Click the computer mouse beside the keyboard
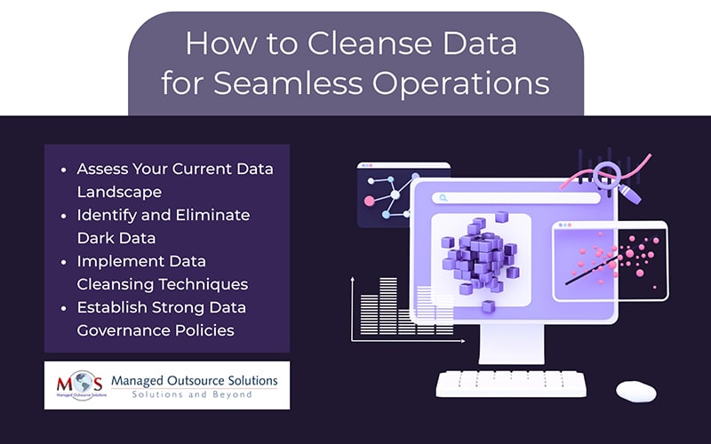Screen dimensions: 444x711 coord(636,391)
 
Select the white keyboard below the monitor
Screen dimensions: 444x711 coord(511,384)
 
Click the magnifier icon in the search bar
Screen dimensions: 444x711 coord(443,198)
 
